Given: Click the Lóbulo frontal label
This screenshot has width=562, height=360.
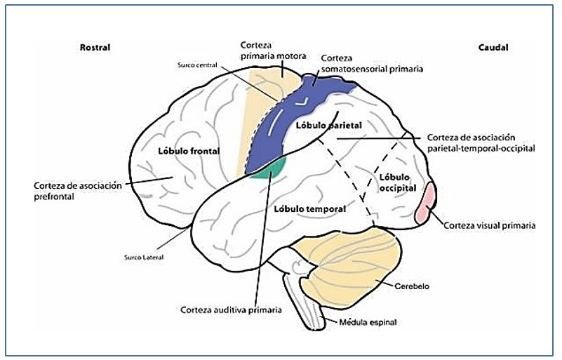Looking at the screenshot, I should pos(189,151).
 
